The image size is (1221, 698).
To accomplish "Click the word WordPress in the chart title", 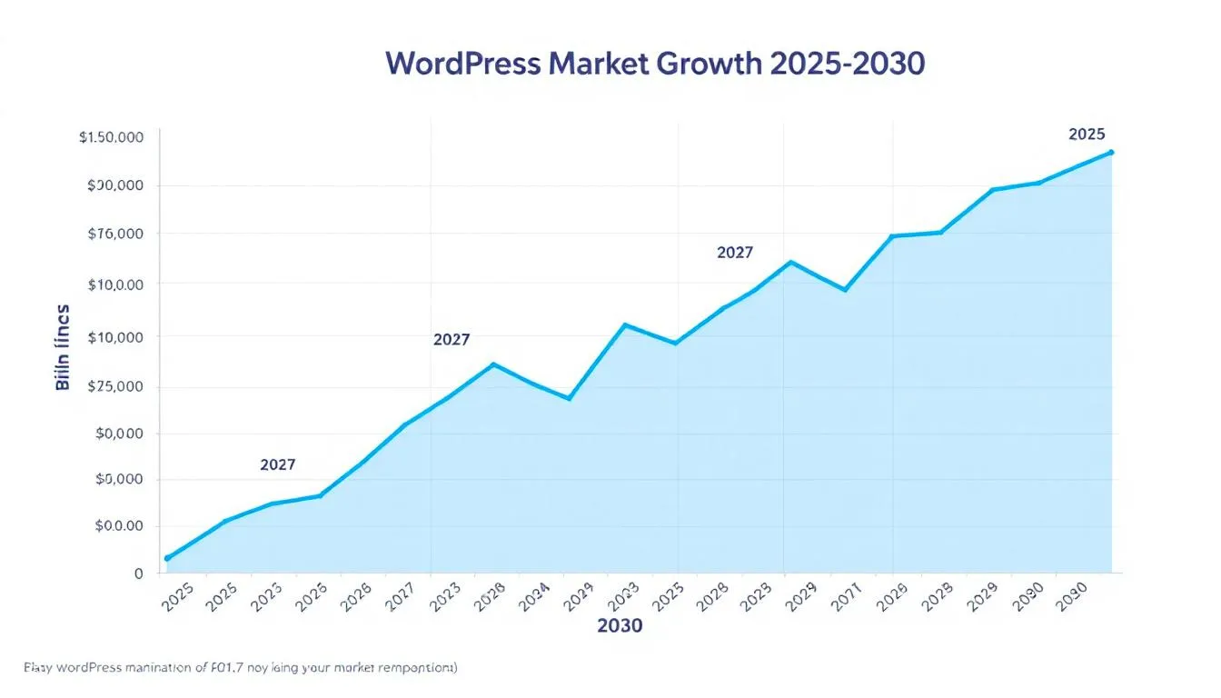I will [462, 65].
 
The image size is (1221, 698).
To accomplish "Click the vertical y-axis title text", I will [63, 347].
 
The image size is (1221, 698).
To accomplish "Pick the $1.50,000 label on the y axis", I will [112, 138].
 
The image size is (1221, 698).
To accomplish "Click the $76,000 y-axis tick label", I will [116, 234].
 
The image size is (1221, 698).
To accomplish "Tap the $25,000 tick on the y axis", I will [116, 386].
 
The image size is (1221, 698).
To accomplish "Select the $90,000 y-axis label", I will [116, 185].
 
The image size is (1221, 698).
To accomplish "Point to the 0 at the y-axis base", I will [139, 573].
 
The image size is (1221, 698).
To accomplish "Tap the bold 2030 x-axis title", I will [620, 626].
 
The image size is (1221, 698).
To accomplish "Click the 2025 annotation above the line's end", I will [1087, 135].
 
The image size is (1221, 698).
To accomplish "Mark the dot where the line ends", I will [1111, 153].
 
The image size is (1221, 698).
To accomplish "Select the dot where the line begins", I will [167, 558].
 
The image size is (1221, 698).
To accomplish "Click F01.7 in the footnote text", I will [242, 668].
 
